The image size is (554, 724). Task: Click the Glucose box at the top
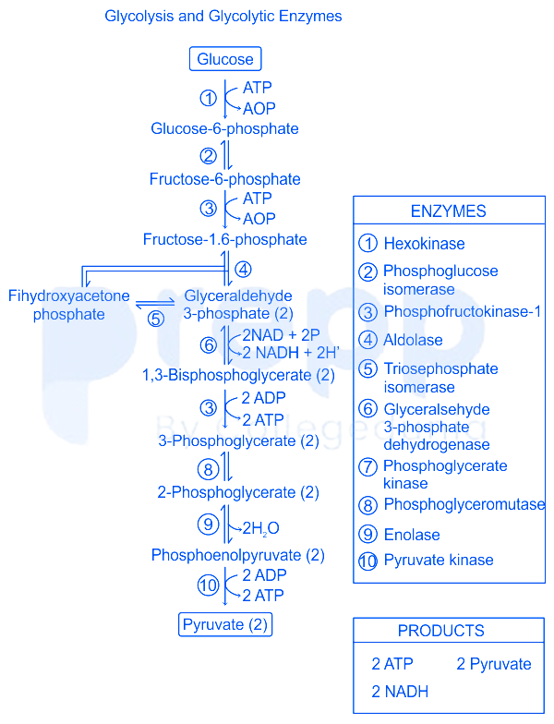225,59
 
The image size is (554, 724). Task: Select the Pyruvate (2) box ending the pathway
225,624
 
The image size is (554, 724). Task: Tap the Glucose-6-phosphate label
224,128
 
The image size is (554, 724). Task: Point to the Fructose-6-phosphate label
224,178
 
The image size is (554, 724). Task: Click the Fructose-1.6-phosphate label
224,239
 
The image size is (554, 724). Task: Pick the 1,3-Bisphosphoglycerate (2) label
238,375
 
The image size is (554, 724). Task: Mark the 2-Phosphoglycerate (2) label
238,492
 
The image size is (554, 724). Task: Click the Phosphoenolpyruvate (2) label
238,555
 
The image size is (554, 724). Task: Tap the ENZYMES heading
448,211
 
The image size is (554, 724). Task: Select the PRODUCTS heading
440,631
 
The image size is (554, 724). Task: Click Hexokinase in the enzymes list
424,244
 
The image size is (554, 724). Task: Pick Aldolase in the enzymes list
413,340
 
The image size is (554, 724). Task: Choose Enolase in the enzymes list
412,535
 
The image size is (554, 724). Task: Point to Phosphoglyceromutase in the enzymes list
464,504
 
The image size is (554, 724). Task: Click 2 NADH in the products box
400,691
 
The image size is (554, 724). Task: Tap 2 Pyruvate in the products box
494,664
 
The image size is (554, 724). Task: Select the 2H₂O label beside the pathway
260,528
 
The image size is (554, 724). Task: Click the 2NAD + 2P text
280,334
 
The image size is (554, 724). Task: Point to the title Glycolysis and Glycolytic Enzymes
223,17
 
